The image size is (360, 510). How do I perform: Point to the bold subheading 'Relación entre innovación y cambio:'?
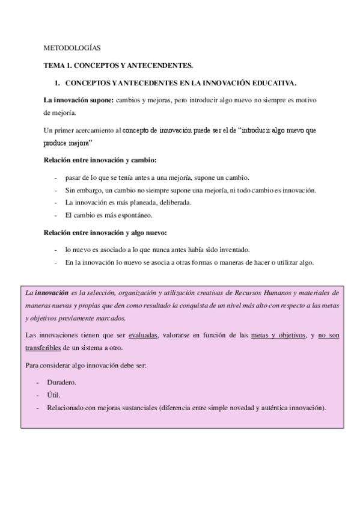tap(100, 161)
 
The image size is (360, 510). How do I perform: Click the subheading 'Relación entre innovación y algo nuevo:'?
tap(105, 233)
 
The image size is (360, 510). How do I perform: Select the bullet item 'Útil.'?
tap(53, 395)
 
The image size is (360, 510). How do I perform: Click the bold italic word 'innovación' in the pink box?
tap(51, 293)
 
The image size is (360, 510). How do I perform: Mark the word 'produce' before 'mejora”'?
tap(56, 144)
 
